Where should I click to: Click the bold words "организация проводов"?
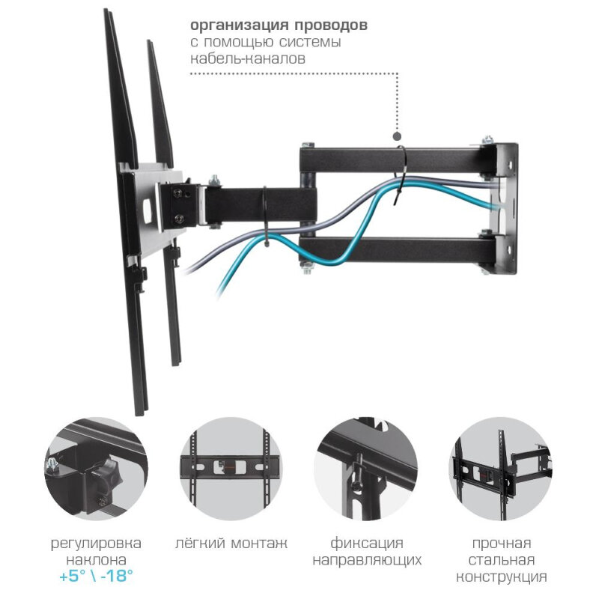coord(278,25)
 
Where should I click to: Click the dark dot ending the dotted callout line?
coord(398,137)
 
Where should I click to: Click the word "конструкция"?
coord(502,577)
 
